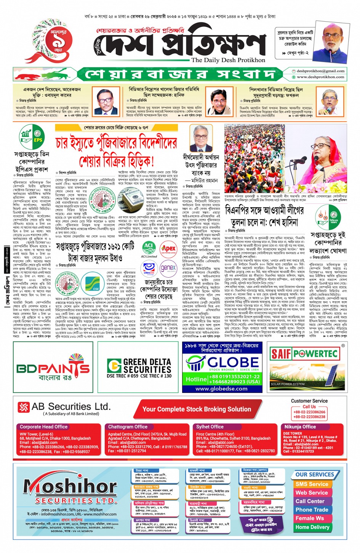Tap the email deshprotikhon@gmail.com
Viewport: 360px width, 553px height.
(320, 71)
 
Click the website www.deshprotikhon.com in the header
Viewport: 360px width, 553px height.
(320, 77)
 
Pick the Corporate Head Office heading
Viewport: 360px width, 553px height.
(43, 427)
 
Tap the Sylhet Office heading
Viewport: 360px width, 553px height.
(210, 427)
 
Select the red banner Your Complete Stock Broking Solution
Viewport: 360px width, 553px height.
(197, 409)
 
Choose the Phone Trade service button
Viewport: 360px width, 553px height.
(312, 510)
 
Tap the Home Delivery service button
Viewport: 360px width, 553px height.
(312, 527)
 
